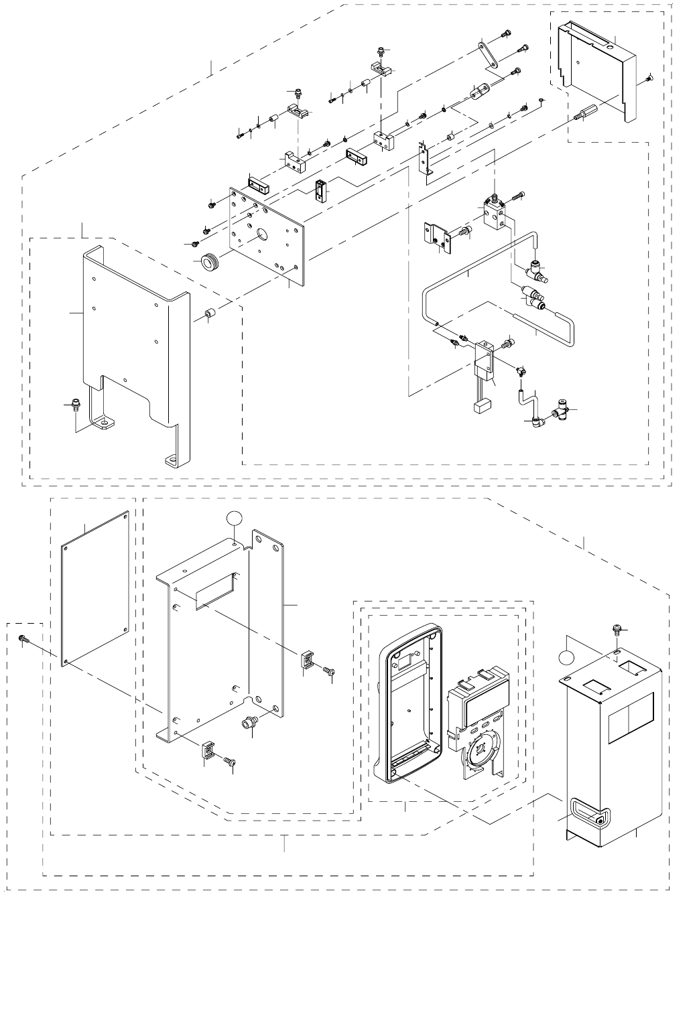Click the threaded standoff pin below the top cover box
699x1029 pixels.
(586, 113)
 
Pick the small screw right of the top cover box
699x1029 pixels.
(649, 80)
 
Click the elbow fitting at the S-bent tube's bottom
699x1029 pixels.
(535, 421)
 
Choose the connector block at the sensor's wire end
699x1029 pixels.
(481, 405)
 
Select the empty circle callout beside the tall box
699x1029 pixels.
(568, 657)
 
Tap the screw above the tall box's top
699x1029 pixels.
(617, 629)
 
